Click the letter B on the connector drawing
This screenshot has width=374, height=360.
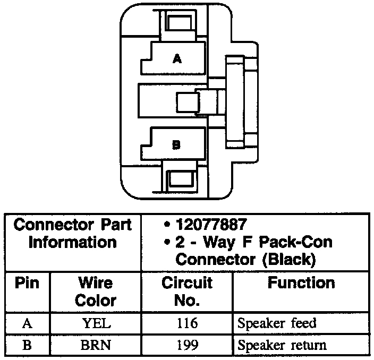[x=177, y=144]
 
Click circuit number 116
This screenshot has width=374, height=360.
[x=186, y=323]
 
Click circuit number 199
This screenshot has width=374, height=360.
[x=186, y=345]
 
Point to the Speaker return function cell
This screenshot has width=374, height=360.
[x=282, y=345]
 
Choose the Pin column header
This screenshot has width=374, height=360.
[x=27, y=283]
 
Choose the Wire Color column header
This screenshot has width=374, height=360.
[x=95, y=291]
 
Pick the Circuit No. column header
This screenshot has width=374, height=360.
[x=186, y=291]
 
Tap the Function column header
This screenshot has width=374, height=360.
[x=301, y=283]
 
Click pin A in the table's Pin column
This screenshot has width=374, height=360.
[x=27, y=323]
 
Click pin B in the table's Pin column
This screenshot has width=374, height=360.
[x=27, y=345]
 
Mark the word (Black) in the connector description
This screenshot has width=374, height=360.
[x=287, y=260]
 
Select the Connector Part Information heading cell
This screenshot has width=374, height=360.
[x=73, y=233]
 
